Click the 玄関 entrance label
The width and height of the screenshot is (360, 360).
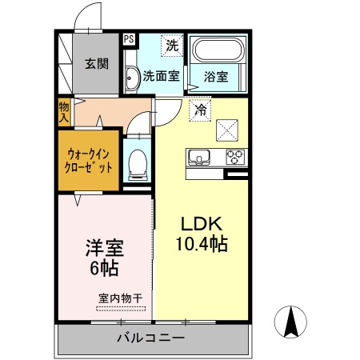pyautogui.click(x=98, y=64)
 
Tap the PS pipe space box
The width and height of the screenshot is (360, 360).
pyautogui.click(x=129, y=37)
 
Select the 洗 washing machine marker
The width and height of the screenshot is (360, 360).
pyautogui.click(x=171, y=46)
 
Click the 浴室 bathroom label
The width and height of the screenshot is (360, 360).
pyautogui.click(x=216, y=77)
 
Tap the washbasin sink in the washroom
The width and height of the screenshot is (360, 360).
pyautogui.click(x=131, y=78)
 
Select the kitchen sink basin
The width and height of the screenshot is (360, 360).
pyautogui.click(x=199, y=155)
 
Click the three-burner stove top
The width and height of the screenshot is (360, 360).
pyautogui.click(x=235, y=155)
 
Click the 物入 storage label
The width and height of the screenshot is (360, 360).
pyautogui.click(x=64, y=110)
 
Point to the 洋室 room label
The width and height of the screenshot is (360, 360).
pyautogui.click(x=105, y=246)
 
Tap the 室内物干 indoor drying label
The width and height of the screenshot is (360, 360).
pyautogui.click(x=120, y=299)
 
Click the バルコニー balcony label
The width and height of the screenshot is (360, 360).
pyautogui.click(x=151, y=338)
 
